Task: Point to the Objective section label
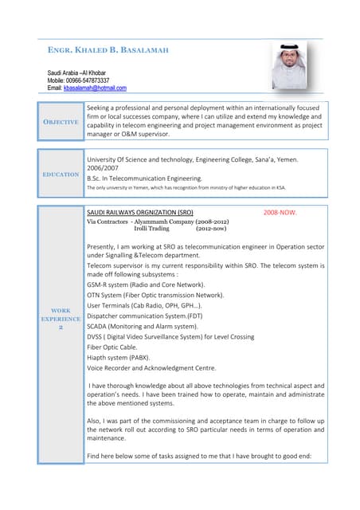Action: [x=61, y=122]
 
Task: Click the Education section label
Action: [x=61, y=174]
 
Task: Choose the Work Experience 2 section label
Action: [x=61, y=319]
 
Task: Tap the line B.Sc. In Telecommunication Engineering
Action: [x=144, y=178]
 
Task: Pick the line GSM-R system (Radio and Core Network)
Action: [x=145, y=284]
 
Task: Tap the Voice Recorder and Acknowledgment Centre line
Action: [x=151, y=368]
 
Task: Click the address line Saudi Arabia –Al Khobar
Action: [x=84, y=73]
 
